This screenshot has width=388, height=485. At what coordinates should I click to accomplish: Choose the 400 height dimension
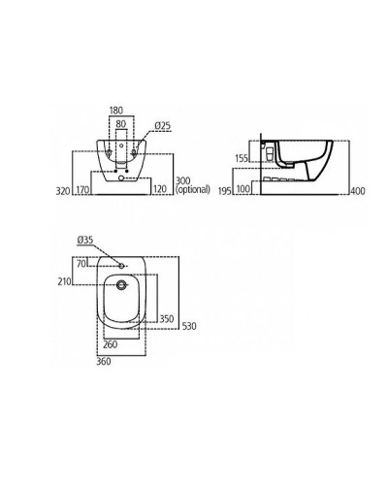[358, 191]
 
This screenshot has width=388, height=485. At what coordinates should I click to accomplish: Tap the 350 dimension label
[166, 318]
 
